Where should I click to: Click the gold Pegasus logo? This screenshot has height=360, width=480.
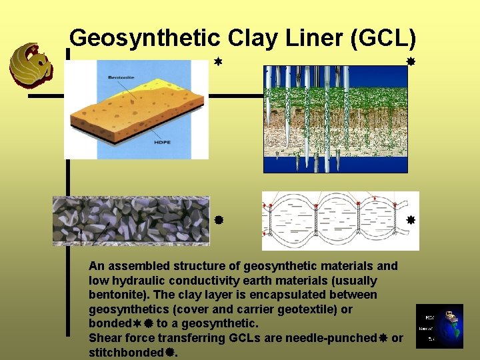tap(30, 65)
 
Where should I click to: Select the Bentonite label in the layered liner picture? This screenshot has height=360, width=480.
tap(121, 78)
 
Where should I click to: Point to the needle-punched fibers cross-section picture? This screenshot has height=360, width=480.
tap(335, 119)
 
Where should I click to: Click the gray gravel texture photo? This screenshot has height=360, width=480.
tap(131, 221)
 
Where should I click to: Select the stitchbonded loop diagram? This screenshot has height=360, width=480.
tap(340, 221)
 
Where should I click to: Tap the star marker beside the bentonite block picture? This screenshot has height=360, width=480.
tap(217, 61)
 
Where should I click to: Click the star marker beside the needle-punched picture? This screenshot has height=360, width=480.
tap(411, 61)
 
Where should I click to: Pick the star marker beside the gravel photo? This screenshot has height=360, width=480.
tap(218, 219)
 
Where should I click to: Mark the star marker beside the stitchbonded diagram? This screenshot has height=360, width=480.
tap(411, 219)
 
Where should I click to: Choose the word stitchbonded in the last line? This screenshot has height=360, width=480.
tap(126, 352)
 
